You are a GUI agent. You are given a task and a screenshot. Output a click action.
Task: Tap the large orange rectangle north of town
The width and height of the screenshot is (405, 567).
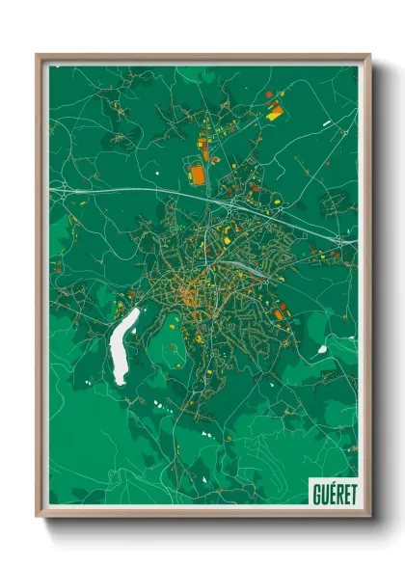click(198, 175)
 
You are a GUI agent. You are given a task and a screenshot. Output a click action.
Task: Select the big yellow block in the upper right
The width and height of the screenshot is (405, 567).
click(275, 112)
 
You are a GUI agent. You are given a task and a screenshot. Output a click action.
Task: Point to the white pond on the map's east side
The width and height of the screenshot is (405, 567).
click(324, 348)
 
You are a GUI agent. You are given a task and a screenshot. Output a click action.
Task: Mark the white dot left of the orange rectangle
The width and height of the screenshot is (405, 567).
click(156, 174)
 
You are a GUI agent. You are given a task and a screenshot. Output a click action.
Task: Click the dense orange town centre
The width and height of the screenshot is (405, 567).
click(193, 289)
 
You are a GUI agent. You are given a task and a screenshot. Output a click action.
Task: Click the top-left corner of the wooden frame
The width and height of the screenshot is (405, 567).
click(38, 55)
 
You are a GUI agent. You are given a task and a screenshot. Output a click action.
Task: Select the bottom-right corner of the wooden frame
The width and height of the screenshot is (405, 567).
click(369, 516)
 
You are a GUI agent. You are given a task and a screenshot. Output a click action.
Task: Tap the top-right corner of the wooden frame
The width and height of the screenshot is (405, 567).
click(369, 55)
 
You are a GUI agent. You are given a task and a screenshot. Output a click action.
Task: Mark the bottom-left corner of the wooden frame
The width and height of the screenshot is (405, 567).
click(38, 516)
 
